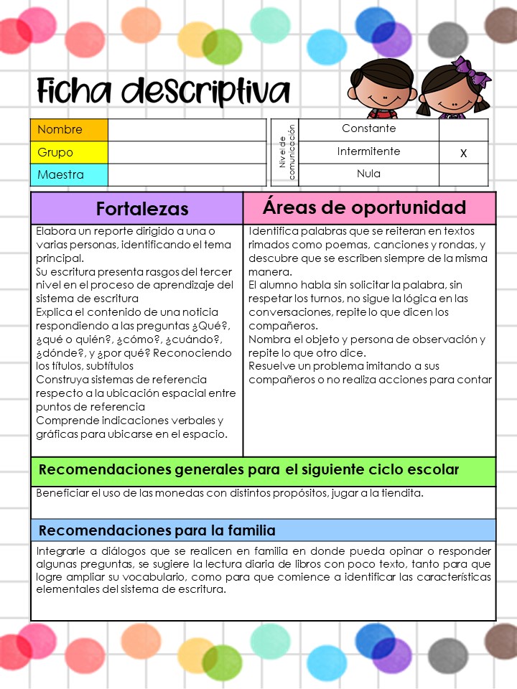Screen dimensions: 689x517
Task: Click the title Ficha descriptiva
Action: [x=164, y=92]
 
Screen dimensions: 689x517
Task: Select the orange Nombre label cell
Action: [x=69, y=130]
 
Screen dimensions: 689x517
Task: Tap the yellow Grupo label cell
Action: [x=69, y=152]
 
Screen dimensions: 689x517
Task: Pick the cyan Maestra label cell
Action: [x=69, y=174]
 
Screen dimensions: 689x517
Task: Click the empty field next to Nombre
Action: [x=187, y=130]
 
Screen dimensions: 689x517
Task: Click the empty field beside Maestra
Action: [x=187, y=174]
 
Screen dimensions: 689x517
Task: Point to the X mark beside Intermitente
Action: [x=463, y=153]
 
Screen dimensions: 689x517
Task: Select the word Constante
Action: [x=368, y=128]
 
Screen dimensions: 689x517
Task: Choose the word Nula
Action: [x=368, y=174]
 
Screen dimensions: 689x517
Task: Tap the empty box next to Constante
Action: [x=463, y=129]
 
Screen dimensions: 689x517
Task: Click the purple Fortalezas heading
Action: [x=142, y=209]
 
